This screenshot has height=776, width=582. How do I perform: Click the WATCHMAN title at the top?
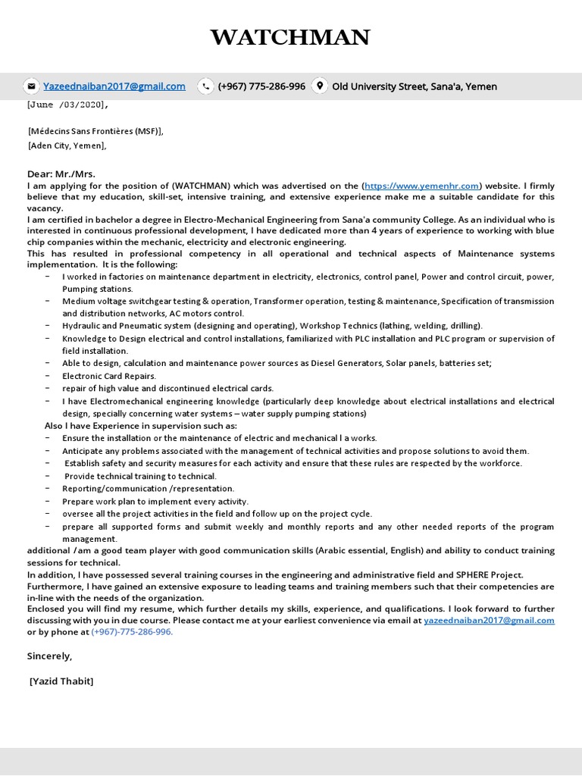coord(290,37)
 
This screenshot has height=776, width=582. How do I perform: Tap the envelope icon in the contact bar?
coord(30,86)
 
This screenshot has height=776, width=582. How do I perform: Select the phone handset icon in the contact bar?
coord(205,86)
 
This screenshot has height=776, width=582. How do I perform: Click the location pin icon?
coord(320,86)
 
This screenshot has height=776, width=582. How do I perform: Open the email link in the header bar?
coord(114,86)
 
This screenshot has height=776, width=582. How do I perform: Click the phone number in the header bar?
coord(261,86)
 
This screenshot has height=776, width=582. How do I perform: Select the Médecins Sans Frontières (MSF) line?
coord(95,131)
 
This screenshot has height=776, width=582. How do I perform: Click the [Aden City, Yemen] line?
coord(67,145)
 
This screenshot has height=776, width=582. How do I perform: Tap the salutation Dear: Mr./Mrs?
coord(61,174)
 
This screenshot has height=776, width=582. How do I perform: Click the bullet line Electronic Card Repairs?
coord(109,376)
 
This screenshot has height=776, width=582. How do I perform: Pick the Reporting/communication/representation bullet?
coord(149,489)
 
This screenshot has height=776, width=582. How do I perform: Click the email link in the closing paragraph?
coord(489,620)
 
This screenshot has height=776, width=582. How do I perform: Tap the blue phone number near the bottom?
coord(132,632)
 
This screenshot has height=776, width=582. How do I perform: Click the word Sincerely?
coord(49,656)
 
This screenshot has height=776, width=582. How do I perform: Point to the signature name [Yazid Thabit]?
coord(61,681)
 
